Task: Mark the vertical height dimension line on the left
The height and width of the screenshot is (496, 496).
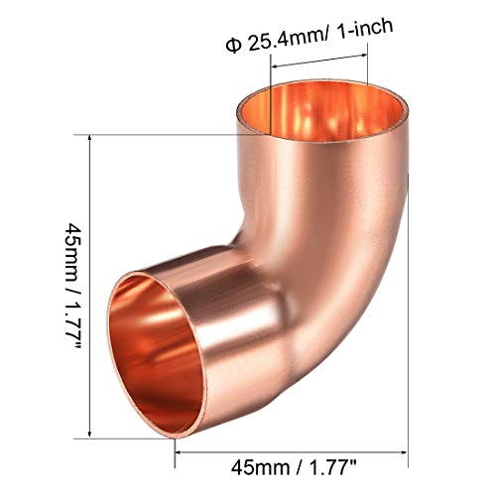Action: [x=92, y=288]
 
